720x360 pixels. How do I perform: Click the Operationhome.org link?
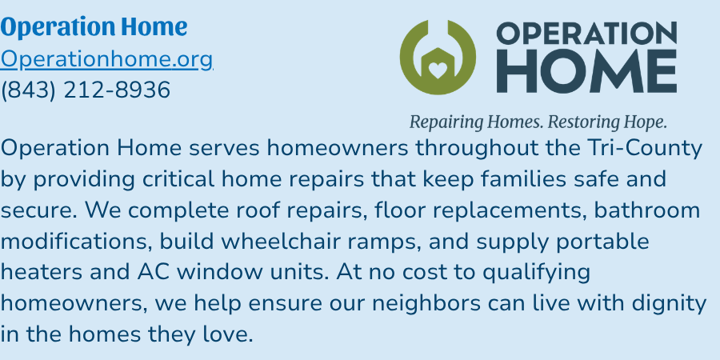[106, 59]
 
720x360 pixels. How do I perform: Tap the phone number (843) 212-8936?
[86, 90]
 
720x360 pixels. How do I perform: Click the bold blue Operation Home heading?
[94, 27]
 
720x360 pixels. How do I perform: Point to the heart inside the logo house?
[437, 70]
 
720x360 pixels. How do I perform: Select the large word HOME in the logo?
[586, 71]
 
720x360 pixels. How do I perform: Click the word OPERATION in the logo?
[586, 33]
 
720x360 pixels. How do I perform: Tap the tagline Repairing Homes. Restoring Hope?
[538, 122]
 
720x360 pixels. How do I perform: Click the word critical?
[178, 179]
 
